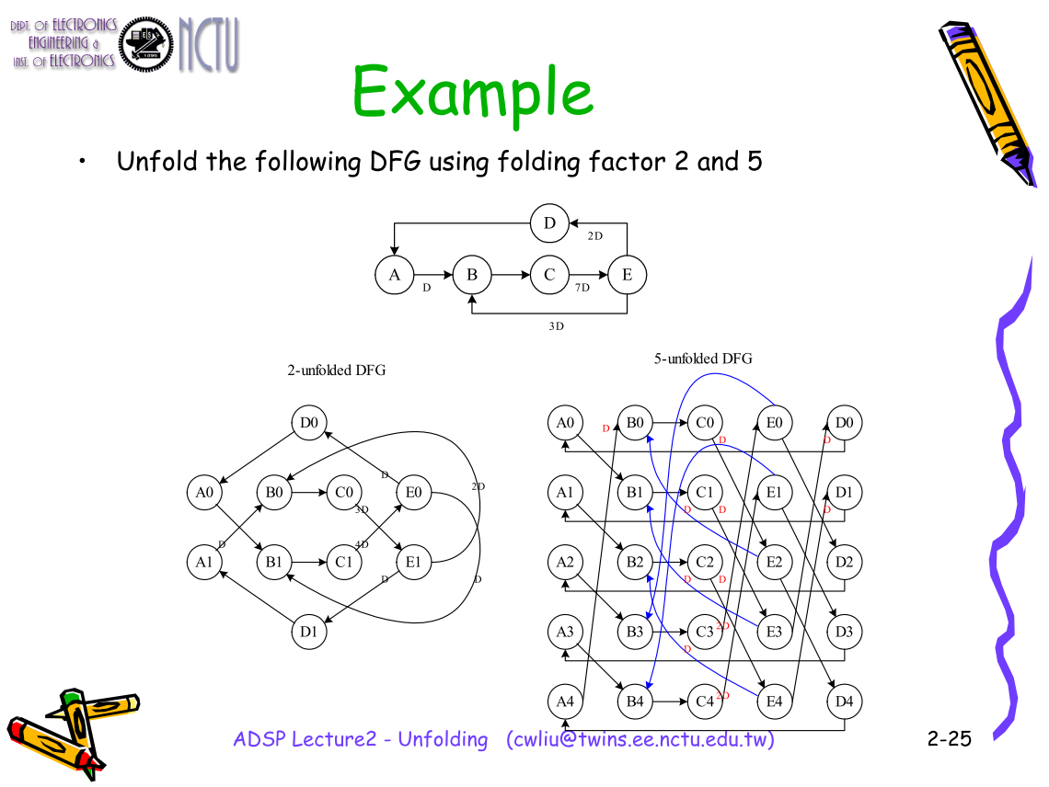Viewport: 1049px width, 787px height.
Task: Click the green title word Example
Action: (x=473, y=93)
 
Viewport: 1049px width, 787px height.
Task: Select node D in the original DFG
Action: (x=549, y=223)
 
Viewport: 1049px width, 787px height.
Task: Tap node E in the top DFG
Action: (x=627, y=275)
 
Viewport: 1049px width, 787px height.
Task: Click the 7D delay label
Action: (x=582, y=288)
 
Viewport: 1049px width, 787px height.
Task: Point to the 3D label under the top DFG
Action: (x=555, y=326)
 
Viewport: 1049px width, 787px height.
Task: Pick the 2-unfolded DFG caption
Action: (x=337, y=371)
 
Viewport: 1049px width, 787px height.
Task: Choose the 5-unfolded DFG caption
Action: (x=703, y=359)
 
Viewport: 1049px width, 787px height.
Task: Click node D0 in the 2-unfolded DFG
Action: (x=309, y=423)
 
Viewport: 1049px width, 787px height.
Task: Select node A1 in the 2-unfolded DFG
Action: (x=204, y=562)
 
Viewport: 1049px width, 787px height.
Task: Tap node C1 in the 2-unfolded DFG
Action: (x=343, y=562)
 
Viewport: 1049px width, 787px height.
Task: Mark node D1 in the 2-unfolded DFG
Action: (x=309, y=632)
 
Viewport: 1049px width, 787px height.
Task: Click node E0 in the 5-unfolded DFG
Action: (x=774, y=423)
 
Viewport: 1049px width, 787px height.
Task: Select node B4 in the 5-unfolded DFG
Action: (x=635, y=701)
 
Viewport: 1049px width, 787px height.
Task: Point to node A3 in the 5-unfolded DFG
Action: (x=565, y=632)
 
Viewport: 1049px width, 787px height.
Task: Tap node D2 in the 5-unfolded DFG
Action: (x=844, y=562)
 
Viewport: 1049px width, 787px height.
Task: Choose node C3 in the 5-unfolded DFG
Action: (x=704, y=632)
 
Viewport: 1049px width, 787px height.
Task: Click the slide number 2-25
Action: (x=949, y=738)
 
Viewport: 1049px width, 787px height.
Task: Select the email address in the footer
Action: (x=640, y=739)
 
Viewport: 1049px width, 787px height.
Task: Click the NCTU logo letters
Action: (x=209, y=43)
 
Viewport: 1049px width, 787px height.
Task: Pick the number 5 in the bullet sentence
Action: (x=754, y=163)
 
